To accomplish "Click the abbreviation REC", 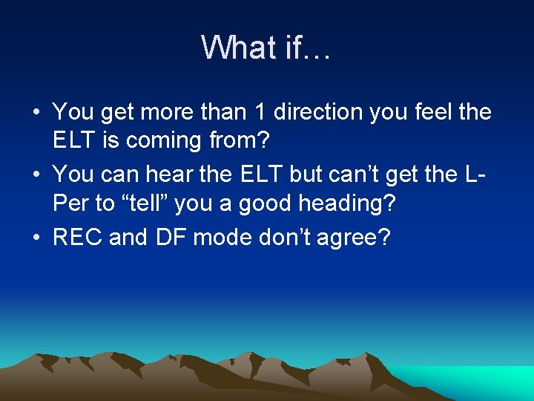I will (78, 238).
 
